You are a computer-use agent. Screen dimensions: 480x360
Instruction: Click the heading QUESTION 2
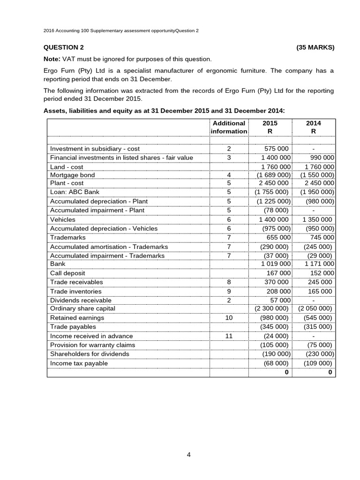(64, 47)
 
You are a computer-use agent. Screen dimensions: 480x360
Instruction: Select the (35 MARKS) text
(315, 47)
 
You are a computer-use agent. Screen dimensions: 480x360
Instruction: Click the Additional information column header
(229, 127)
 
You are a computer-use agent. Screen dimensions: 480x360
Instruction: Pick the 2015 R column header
(270, 127)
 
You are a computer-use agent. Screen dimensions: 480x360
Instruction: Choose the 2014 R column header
(313, 127)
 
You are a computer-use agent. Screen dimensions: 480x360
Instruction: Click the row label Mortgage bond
(72, 175)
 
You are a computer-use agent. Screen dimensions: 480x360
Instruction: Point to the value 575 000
(277, 149)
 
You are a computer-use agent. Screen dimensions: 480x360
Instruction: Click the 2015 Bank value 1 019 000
(276, 264)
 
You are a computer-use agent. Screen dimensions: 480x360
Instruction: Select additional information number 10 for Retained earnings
(229, 318)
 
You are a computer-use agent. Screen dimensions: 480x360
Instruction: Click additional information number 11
(229, 336)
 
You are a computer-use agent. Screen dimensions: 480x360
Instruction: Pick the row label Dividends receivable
(81, 300)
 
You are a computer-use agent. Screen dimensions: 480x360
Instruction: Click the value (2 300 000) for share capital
(271, 308)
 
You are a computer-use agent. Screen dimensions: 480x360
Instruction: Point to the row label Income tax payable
(79, 363)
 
